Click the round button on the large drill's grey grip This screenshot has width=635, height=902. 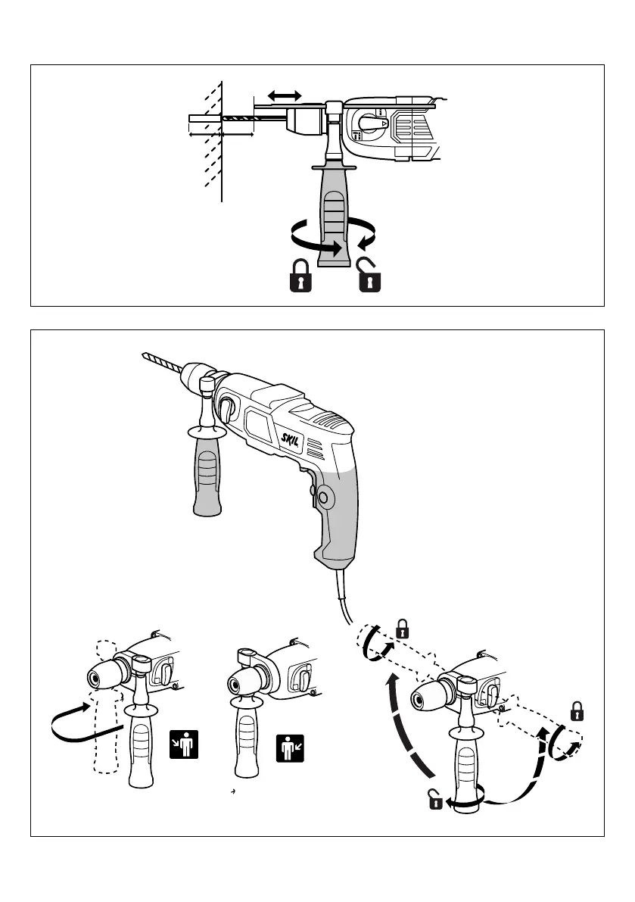point(324,498)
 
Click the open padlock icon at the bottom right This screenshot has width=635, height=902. point(434,800)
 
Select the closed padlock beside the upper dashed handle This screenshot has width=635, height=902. point(403,628)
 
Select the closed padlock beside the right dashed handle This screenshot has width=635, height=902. point(577,711)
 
